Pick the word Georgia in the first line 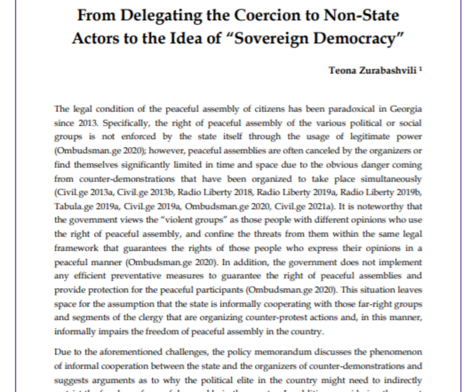406,109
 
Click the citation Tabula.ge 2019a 87,207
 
